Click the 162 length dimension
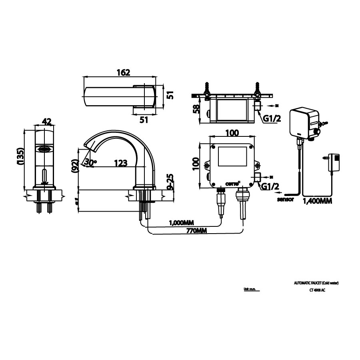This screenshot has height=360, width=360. point(123,72)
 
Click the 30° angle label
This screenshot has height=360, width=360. point(91,162)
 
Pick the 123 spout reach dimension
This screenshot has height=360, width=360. point(120,163)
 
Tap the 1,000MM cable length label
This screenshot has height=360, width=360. point(182,222)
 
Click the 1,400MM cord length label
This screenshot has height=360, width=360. point(318,201)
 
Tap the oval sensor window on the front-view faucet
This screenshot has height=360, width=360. point(44,150)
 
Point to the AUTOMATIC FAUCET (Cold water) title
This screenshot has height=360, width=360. point(316,283)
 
